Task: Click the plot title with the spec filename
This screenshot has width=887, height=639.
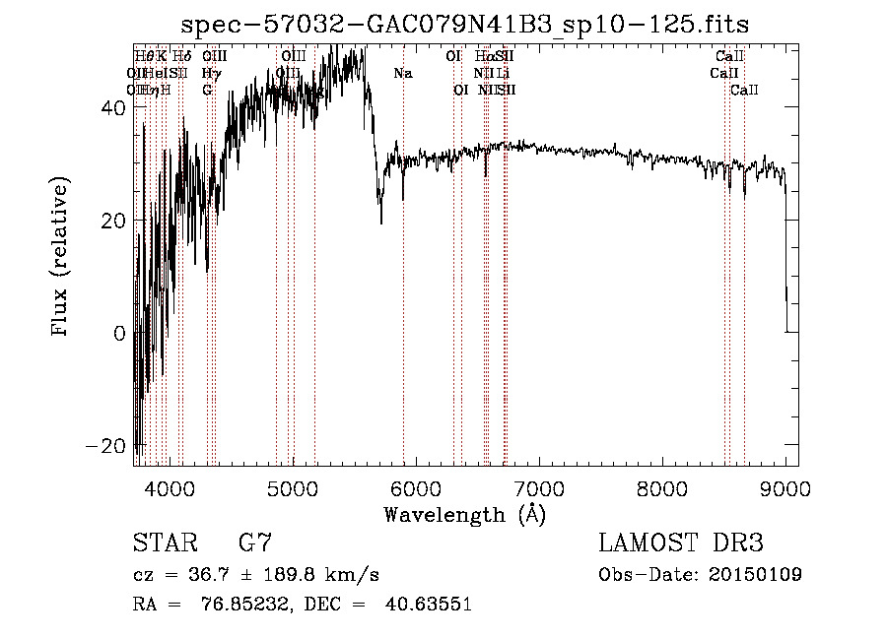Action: coord(472,25)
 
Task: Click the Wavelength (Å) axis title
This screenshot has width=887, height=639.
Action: coord(464,514)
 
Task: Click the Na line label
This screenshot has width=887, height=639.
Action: coord(402,73)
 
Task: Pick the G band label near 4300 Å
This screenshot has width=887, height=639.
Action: coord(207,90)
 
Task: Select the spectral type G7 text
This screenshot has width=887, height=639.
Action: coord(255,543)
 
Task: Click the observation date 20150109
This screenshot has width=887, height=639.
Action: coord(755,575)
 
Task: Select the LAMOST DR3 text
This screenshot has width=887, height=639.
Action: coord(681,543)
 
